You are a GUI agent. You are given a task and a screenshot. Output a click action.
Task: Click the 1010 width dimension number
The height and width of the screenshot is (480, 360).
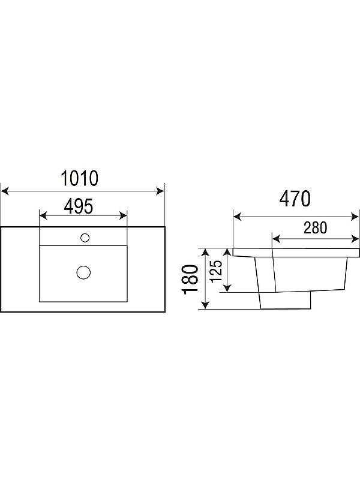click(80, 178)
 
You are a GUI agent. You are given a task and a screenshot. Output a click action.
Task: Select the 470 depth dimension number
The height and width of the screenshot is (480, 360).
click(295, 199)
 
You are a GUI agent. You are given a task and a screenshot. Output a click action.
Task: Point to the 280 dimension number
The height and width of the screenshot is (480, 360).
click(316, 228)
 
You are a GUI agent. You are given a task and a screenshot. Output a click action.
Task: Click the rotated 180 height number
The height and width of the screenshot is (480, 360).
click(190, 280)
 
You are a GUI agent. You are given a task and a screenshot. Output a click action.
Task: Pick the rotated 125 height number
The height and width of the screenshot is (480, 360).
click(216, 271)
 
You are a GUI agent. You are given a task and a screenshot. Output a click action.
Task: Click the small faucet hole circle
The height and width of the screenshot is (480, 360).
click(85, 238)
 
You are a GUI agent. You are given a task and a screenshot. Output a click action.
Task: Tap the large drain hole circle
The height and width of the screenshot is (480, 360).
click(83, 272)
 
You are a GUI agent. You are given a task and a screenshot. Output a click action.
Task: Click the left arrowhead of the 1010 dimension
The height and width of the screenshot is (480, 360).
click(5, 191)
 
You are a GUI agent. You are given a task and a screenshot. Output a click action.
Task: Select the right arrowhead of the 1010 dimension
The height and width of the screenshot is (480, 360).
click(160, 191)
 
